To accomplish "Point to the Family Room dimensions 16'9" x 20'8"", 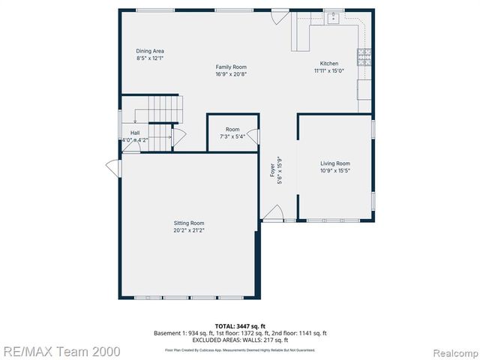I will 231,74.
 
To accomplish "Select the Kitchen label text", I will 328,64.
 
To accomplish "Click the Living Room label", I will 335,163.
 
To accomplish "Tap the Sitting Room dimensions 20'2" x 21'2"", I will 189,230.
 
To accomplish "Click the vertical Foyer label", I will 273,171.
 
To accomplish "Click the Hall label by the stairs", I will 135,133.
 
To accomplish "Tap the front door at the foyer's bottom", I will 272,215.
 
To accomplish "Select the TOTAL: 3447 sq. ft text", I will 241,326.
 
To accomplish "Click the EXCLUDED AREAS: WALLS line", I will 241,340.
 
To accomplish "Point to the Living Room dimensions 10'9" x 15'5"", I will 335,171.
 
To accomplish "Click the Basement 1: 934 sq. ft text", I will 187,333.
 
